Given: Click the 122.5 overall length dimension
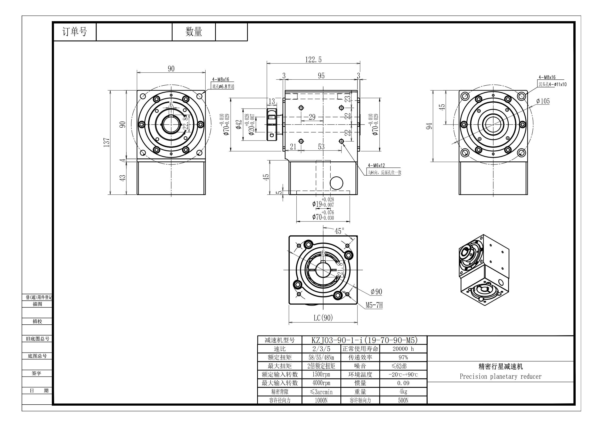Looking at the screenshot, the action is pos(313,60).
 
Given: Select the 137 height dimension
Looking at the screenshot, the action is pos(106,142).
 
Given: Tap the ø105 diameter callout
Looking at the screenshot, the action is pos(543,101).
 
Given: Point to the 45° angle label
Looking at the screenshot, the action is pos(339,231).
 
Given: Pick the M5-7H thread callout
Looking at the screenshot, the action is pos(374,305).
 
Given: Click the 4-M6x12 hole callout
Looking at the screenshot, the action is pos(376,166).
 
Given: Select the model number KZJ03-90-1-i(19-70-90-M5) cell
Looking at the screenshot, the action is pos(364,340).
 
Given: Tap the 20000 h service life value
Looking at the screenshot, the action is pos(403,349).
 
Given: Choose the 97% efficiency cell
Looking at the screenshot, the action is pos(403,357).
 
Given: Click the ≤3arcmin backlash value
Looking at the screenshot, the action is pos(321,392).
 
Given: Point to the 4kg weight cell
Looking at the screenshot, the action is pos(403,392).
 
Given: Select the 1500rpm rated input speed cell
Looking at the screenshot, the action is pos(321,374).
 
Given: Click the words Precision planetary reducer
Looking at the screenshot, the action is pos(501,376).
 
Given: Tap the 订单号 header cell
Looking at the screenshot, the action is pos(75,32).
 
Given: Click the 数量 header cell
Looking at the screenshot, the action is pos(194,32).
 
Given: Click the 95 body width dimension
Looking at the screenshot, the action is pos(321,76).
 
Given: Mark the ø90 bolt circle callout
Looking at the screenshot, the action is pos(376,292).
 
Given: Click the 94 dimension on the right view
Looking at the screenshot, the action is pos(429,126).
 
